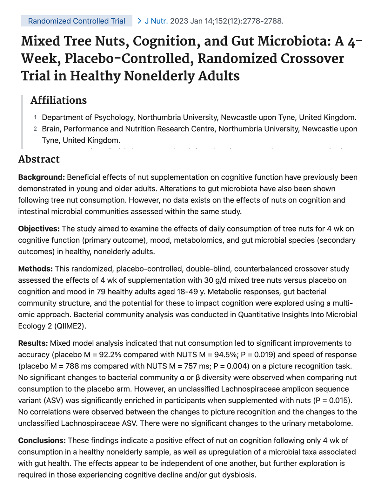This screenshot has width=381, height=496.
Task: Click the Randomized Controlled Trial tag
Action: pyautogui.click(x=77, y=21)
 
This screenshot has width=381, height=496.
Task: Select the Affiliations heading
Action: pyautogui.click(x=58, y=100)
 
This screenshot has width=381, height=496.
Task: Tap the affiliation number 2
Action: pyautogui.click(x=35, y=129)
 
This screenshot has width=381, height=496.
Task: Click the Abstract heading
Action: pyautogui.click(x=39, y=159)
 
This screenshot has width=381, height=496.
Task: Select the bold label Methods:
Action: pyautogui.click(x=35, y=269)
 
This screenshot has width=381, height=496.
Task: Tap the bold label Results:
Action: pyautogui.click(x=33, y=343)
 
